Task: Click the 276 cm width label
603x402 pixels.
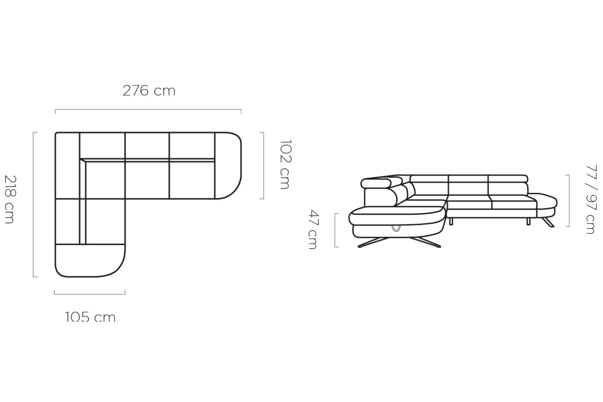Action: [149, 91]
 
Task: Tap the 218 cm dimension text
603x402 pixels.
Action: [10, 199]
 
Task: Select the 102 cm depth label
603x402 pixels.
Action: [286, 164]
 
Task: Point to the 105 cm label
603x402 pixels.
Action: [90, 317]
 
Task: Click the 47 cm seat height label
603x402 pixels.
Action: [314, 230]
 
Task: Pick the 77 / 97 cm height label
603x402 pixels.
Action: [591, 199]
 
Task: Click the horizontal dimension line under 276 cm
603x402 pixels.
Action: [148, 110]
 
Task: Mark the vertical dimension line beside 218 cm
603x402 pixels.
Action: [33, 205]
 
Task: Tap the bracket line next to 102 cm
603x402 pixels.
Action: [263, 166]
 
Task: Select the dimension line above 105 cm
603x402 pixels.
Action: [90, 294]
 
